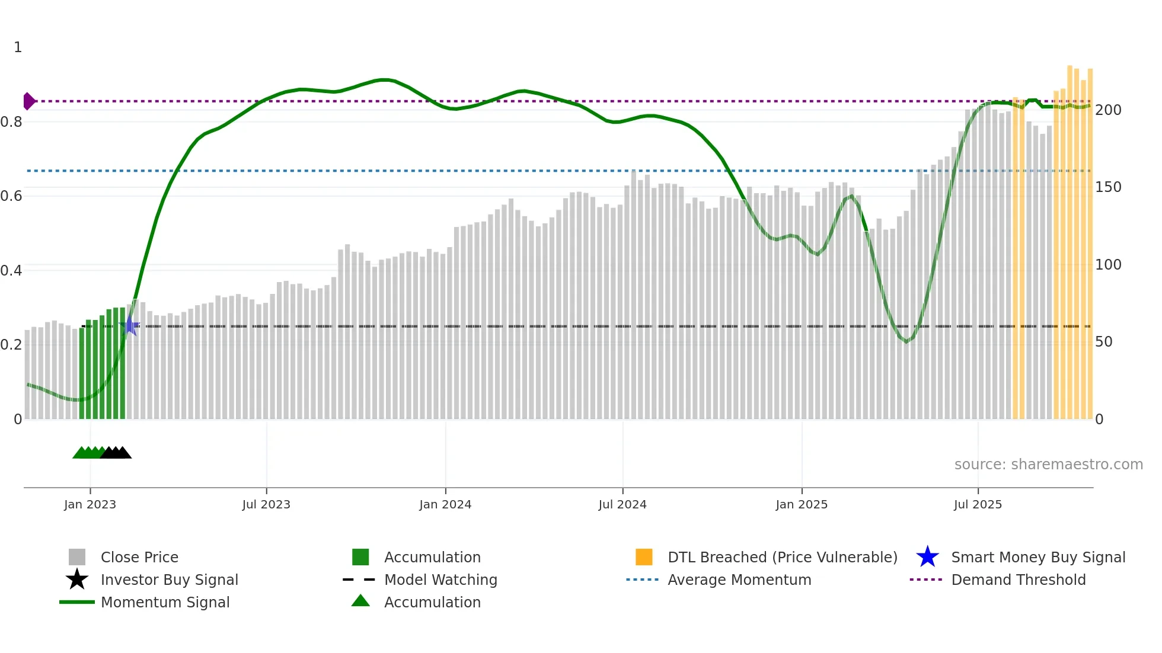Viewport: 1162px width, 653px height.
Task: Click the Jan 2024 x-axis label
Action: (445, 504)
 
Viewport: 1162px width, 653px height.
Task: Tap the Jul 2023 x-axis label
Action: (266, 504)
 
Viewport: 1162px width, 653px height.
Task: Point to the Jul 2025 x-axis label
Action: (978, 504)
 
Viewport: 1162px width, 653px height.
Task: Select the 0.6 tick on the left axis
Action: (11, 196)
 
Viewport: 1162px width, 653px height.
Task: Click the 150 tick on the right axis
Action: (1107, 187)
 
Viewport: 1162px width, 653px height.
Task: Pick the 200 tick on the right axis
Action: (1107, 110)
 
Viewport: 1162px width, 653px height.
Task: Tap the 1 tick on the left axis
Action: (18, 47)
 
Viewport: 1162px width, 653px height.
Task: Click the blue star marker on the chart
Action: (130, 325)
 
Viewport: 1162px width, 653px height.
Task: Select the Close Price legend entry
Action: (139, 557)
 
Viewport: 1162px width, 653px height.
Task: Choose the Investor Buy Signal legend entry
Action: (169, 580)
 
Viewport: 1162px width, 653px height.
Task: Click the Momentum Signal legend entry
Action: (165, 602)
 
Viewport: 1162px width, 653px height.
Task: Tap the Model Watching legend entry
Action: (440, 580)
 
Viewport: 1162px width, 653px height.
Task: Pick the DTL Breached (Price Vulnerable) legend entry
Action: (782, 557)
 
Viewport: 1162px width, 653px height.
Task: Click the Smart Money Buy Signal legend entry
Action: (1038, 557)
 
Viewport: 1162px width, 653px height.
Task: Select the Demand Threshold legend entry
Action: (1018, 580)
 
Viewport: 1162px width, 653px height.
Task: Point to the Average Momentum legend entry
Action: (739, 580)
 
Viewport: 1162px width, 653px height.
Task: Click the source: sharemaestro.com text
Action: (1048, 464)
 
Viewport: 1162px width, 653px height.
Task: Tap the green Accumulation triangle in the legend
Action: (360, 601)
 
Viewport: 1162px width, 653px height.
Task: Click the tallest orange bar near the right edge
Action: (1070, 237)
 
